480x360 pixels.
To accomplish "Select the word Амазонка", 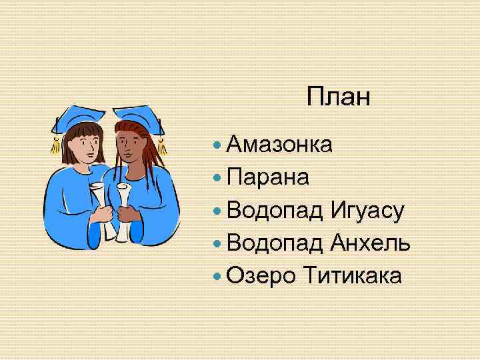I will click(279, 144).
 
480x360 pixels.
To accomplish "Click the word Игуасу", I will click(367, 211).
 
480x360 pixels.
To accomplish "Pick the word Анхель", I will click(370, 243).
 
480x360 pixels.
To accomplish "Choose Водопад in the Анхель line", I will click(275, 243).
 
